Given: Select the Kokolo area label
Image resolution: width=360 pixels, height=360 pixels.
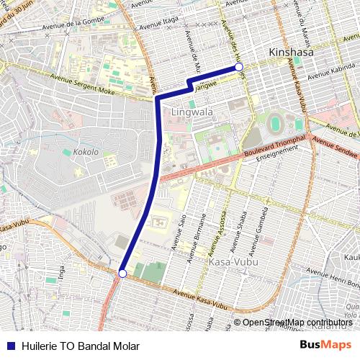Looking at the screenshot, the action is [86, 153].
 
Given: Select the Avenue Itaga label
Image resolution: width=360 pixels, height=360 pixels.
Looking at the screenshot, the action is [160, 24].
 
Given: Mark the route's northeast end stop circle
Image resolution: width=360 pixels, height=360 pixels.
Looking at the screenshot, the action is [239, 67].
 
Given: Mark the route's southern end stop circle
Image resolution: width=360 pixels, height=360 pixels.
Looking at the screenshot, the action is [122, 274].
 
